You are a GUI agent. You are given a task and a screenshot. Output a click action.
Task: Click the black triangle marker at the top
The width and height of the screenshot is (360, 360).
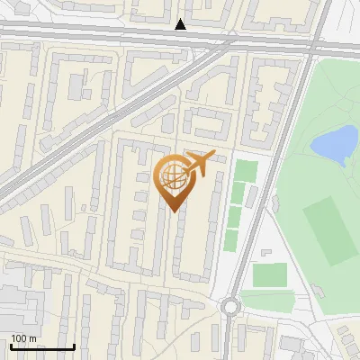[181, 24]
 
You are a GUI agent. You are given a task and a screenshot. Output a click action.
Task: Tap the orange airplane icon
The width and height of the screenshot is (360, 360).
[199, 164]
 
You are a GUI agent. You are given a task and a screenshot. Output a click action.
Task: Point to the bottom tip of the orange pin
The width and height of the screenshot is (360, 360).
[172, 211]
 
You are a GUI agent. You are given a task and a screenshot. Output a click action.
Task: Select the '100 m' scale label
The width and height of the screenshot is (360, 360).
[24, 338]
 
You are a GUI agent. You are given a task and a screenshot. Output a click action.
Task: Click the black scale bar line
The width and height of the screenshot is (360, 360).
[41, 347]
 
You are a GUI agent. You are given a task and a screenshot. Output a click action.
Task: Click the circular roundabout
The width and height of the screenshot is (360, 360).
[231, 307]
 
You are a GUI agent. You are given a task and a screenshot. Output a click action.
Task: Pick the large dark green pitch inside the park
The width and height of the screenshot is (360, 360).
[328, 230]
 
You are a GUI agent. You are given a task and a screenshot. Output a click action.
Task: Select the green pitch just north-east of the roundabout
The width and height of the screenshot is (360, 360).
[269, 274]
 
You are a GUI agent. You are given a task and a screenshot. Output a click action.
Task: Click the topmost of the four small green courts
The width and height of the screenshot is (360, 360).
[245, 170]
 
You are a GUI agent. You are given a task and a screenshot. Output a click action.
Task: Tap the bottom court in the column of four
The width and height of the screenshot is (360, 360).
[231, 240]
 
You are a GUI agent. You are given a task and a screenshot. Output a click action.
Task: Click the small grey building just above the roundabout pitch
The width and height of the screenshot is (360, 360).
[266, 253]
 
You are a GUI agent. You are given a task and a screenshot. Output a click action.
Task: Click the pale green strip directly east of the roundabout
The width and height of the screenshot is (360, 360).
[270, 302]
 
